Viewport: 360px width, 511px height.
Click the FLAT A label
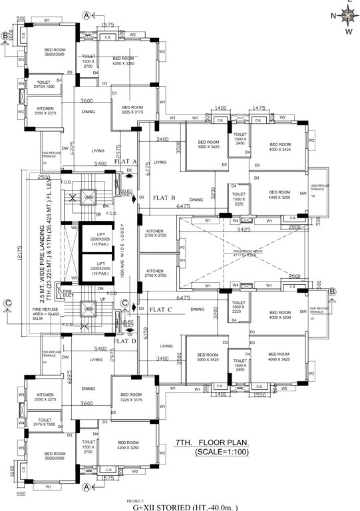(125, 162)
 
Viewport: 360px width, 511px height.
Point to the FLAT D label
(124, 341)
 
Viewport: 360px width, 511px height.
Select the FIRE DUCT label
(67, 292)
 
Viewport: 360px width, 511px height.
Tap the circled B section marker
(5, 35)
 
